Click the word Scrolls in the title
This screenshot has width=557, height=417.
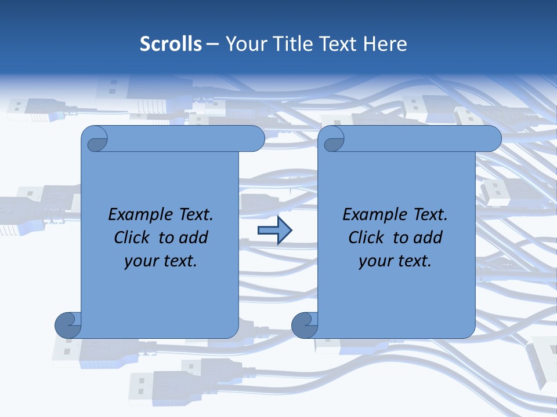pos(171,44)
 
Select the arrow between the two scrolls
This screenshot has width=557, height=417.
pos(274,231)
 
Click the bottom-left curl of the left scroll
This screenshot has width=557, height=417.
pos(67,324)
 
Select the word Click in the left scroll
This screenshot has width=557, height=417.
pos(132,237)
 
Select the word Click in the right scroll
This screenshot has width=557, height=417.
pos(366,237)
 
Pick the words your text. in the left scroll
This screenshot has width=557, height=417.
pos(161,261)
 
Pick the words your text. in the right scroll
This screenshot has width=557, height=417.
pos(395,261)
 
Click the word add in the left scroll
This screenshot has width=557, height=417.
pos(194,237)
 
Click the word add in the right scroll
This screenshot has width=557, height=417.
pos(429,237)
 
